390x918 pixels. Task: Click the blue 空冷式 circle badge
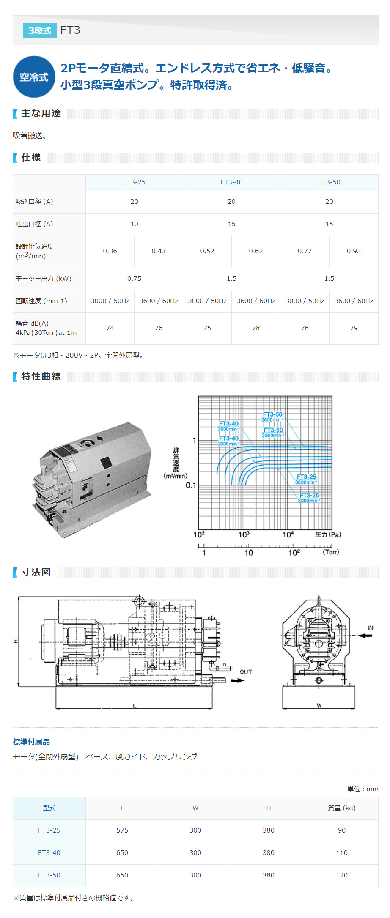pos(34,77)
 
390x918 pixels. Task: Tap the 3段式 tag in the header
pos(40,30)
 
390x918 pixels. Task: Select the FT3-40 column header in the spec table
pos(231,182)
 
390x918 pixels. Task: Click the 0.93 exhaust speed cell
pos(354,251)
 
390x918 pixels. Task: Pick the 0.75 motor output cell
pos(134,279)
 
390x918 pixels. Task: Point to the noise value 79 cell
pos(354,328)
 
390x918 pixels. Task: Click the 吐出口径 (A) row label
pos(35,224)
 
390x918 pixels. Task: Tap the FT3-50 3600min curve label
pos(272,417)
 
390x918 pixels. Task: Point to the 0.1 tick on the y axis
pos(191,485)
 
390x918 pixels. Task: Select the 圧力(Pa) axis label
pos(328,534)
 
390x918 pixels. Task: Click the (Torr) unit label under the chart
pos(331,552)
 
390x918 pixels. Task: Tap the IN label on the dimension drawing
pos(371,628)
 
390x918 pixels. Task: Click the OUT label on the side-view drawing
pos(246,672)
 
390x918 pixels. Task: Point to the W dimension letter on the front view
pos(319,705)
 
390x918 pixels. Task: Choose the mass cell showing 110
pos(341,853)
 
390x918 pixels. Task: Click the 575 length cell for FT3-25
pos(122,830)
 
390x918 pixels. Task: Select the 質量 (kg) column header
pos(341,808)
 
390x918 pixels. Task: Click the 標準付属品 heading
pos(31,742)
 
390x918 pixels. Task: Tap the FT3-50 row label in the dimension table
pos(49,875)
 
